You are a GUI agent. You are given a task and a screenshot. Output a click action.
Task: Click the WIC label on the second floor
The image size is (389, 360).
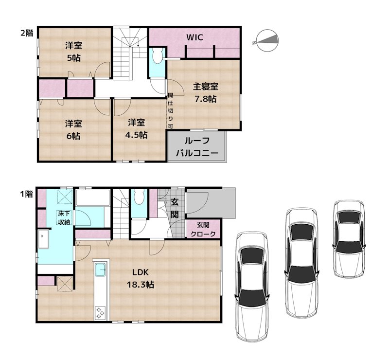tap(195, 37)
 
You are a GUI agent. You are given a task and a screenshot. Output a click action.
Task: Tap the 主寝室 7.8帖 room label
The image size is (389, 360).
tap(206, 92)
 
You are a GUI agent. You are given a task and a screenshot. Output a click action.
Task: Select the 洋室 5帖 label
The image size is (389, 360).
tap(74, 52)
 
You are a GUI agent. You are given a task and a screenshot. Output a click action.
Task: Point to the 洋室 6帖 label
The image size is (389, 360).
tap(74, 129)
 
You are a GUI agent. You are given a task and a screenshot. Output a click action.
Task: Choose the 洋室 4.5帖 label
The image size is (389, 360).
tap(137, 128)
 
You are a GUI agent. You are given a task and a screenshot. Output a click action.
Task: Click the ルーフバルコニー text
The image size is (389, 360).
tap(197, 147)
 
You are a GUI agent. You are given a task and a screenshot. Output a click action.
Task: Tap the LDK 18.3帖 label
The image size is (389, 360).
tap(141, 278)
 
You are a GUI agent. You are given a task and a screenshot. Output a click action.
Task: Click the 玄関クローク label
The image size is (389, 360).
tap(203, 230)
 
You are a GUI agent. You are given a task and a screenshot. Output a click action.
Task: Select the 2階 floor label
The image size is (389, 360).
tap(27, 33)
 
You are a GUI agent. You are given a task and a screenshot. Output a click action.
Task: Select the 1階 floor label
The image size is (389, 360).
tap(26, 194)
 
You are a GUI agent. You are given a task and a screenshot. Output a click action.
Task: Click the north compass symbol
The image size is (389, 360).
tap(267, 41)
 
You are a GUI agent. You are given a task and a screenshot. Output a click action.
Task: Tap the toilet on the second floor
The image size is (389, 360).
tap(157, 55)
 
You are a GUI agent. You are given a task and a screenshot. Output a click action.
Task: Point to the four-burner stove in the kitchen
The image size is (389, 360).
tap(100, 312)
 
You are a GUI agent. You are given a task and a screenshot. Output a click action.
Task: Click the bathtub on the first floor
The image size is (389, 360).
tap(93, 198)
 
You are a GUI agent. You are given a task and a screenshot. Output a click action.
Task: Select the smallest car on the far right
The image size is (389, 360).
tap(349, 238)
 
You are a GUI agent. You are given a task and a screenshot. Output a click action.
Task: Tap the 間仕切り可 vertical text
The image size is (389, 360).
tap(171, 111)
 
